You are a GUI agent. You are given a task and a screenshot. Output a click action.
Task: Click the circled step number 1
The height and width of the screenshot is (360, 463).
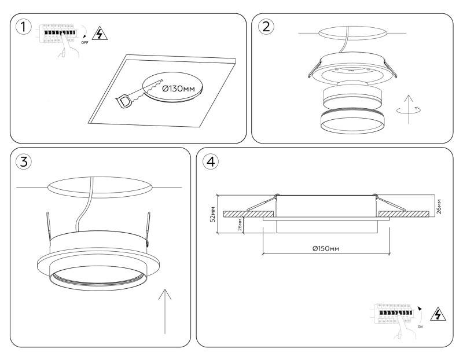pos(23,27)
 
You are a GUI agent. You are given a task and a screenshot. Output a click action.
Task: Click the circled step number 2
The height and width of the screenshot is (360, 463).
pos(266,27)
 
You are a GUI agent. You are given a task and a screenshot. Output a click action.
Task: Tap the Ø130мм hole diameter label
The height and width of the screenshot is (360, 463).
pos(178,89)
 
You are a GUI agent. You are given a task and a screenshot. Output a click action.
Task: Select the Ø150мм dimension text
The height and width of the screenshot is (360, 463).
pos(325,248)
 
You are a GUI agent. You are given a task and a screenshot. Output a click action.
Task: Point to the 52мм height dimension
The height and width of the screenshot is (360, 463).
pos(213,214)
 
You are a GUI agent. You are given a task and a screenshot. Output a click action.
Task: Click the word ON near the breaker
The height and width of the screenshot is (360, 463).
pos(421,326)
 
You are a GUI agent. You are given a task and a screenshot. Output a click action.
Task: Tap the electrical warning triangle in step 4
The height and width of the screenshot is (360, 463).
pos(440,315)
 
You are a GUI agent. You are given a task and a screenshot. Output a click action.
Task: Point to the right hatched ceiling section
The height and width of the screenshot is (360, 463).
pos(403,214)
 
